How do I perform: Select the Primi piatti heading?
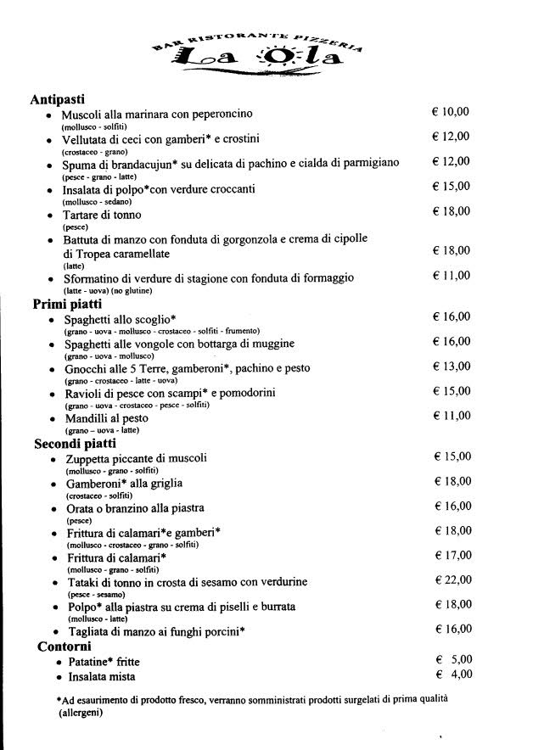(x=68, y=303)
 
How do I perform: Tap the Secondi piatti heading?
(x=75, y=443)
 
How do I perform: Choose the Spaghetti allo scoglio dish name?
(x=120, y=318)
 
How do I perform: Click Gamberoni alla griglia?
(x=124, y=483)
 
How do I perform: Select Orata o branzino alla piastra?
(x=136, y=507)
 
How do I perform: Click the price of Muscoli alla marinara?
(x=451, y=111)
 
